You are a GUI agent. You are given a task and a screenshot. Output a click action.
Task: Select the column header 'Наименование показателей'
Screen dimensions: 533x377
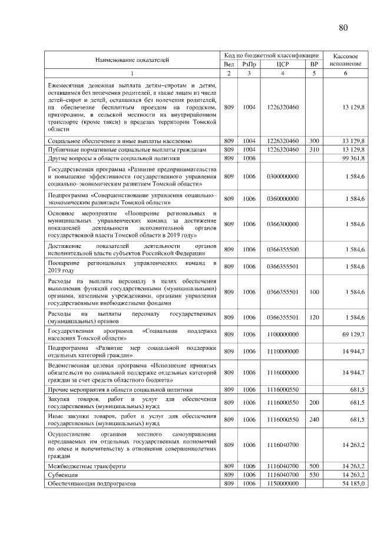133,59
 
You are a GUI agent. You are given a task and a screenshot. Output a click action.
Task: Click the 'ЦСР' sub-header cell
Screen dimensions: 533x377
283,64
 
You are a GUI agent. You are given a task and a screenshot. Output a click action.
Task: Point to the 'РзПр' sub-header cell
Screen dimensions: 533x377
249,64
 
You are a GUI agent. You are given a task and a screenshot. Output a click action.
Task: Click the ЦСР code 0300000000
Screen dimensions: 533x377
283,176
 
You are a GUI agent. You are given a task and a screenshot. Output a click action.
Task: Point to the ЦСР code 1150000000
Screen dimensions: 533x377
283,484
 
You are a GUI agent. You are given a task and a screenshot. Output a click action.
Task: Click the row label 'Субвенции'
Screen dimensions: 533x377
61,475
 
